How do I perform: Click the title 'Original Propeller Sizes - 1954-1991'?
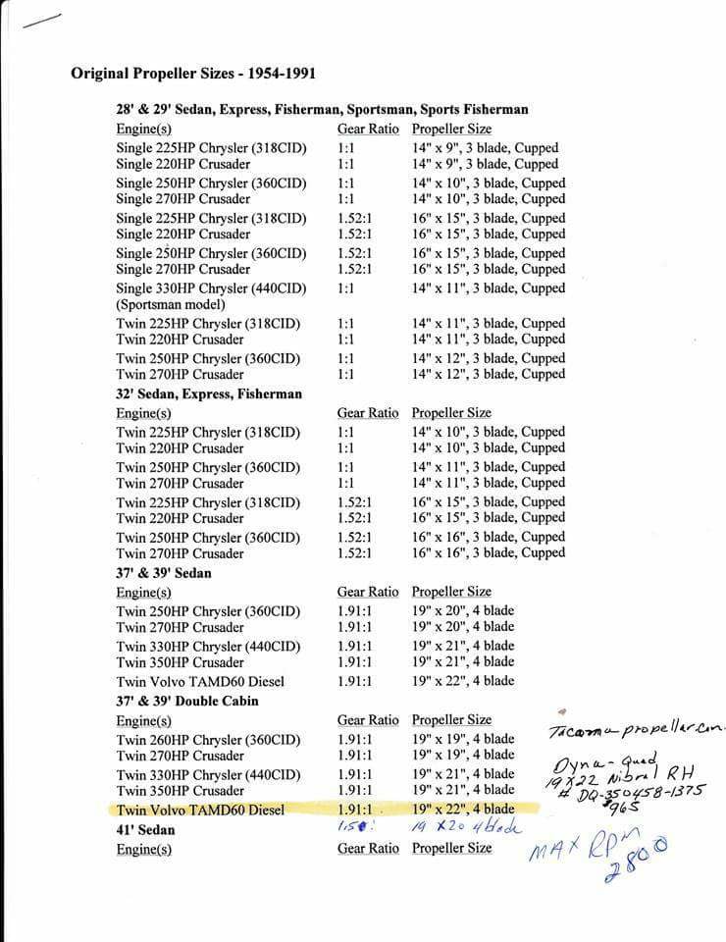point(192,74)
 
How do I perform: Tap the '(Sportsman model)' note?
point(171,304)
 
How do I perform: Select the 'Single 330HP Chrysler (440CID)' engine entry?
point(211,288)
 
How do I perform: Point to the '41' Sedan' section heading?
point(145,829)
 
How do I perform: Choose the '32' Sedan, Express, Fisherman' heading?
point(209,393)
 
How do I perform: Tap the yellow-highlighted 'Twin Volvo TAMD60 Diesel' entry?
point(200,811)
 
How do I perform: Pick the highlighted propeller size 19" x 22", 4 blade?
point(463,810)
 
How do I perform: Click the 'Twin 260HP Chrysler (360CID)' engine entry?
point(208,739)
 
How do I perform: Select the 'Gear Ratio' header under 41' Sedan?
point(368,848)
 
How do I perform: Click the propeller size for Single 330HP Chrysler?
point(488,288)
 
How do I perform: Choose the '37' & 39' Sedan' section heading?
point(163,572)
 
